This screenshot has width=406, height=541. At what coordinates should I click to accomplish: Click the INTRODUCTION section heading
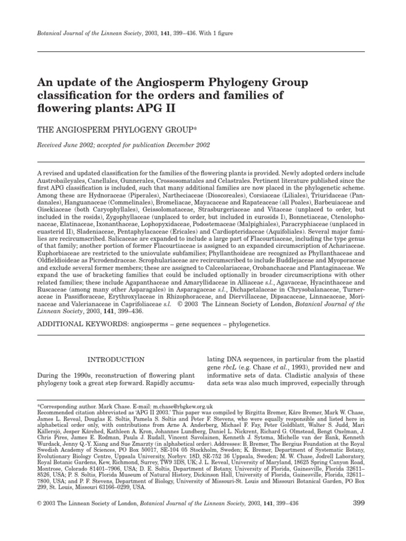115,360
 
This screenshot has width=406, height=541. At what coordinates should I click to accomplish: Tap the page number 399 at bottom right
358,502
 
